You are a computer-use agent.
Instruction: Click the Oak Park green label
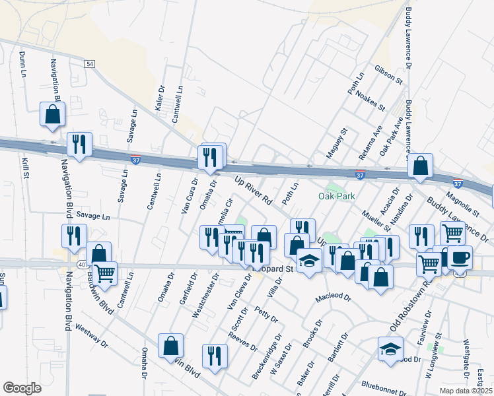tap(337, 196)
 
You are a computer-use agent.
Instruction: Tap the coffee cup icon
tap(460, 257)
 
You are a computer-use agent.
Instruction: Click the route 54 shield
tap(90, 63)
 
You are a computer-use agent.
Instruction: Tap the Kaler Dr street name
tap(160, 97)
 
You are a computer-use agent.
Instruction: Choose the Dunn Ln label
tap(22, 65)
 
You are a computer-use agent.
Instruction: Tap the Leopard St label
tap(272, 269)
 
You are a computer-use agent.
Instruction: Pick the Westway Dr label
tap(91, 335)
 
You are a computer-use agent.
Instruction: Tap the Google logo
tap(22, 387)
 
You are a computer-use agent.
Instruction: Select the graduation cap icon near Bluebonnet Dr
tap(390, 349)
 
